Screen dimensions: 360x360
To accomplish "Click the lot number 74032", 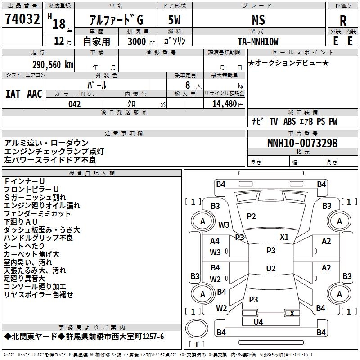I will point(22,20).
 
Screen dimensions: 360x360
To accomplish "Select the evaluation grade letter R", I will point(343,20).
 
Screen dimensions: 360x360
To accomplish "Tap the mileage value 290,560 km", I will point(53,65).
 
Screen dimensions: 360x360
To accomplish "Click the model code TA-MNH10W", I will point(258,41).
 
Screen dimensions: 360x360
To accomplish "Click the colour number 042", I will point(75,104).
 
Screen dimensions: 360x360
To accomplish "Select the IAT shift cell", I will point(13,94).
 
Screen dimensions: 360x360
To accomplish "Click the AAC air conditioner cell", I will point(35,94).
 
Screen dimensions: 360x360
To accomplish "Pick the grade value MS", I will point(258,20).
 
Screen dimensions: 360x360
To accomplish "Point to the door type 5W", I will point(175,20).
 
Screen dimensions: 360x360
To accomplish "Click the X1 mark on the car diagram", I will point(284,237).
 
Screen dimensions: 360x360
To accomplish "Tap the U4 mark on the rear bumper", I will point(258,322).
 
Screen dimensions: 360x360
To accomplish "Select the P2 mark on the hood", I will point(251,216).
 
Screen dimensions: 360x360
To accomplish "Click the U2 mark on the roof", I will point(270,269).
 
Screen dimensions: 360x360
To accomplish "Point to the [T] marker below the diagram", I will point(197,344).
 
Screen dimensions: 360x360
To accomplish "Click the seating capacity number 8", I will point(188,85).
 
